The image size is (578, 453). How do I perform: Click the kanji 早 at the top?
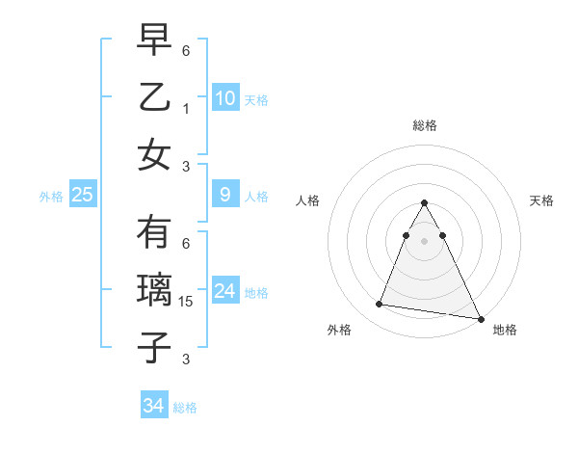pos(154,41)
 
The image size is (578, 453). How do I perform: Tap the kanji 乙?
pos(154,97)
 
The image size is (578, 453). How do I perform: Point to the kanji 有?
pos(154,233)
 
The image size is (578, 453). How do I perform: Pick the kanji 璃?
pos(154,290)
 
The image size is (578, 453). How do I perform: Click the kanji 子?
pos(154,347)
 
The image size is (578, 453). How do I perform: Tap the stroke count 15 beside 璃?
pos(187,303)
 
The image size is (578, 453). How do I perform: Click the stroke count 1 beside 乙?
pos(186,109)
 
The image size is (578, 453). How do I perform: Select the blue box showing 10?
pos(224,98)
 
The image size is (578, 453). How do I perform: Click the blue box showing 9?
pos(224,195)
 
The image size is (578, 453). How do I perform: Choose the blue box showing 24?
pos(224,291)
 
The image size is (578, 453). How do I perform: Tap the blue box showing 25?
pos(82,195)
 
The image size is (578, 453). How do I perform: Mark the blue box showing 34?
pos(153,406)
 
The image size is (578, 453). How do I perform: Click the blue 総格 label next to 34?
pos(185,408)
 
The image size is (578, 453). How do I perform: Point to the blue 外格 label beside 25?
pos(51,197)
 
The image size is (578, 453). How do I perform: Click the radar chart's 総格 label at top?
pos(424,125)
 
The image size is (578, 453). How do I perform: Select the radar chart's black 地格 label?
pos(505,330)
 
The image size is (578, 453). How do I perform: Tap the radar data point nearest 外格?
pos(379,305)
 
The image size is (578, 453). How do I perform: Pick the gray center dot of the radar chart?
pos(424,240)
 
